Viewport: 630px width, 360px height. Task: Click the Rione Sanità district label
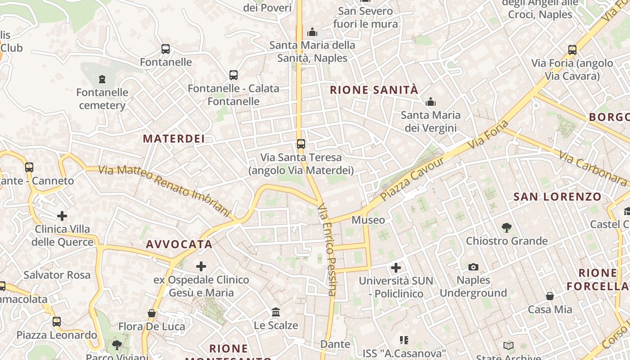374,90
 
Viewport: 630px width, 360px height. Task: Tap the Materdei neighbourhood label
174,139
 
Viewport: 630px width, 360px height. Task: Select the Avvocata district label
179,244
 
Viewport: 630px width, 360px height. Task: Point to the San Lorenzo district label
557,197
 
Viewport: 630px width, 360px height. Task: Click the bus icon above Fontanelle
166,49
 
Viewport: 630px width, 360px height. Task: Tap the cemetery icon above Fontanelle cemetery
102,80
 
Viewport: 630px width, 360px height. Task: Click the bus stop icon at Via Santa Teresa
301,144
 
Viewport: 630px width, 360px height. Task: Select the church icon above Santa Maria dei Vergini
431,102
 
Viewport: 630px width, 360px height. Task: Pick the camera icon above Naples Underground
473,267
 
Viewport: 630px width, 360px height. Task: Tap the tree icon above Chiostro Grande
507,228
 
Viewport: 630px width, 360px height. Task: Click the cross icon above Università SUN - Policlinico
396,268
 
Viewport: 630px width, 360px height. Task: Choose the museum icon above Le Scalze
276,312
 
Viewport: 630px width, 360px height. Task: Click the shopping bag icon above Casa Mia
550,296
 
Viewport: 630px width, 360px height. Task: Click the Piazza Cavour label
412,179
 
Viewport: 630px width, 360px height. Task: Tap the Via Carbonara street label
593,168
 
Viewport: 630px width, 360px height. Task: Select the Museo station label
368,220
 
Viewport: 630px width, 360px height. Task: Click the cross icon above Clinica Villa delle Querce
62,216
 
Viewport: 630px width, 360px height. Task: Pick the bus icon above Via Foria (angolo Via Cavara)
572,50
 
